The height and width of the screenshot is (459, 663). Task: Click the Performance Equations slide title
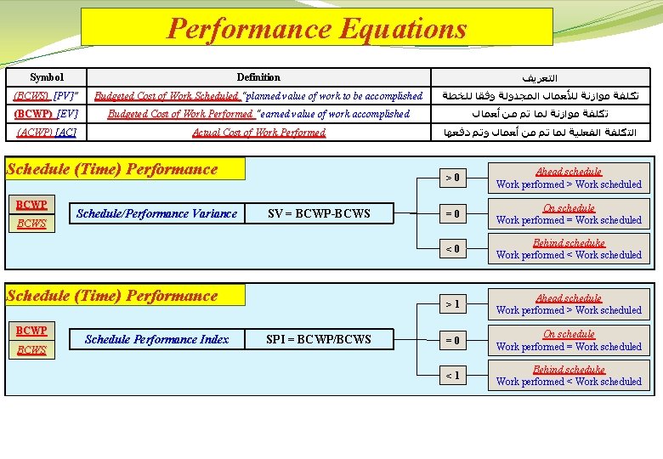317,28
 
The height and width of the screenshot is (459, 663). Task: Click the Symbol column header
46,77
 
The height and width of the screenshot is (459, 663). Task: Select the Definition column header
258,77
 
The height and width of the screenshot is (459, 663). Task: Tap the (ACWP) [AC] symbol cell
46,133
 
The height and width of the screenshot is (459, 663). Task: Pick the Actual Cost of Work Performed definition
258,133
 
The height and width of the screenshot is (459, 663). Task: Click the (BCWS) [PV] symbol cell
46,96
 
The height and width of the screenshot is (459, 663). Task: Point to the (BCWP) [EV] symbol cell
46,114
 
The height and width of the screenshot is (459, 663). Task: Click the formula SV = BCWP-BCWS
319,213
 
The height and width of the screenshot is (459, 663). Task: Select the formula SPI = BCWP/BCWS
319,339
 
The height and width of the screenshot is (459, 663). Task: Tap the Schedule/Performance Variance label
156,213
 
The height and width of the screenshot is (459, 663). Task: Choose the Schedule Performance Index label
156,339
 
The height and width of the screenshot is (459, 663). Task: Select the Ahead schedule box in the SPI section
569,304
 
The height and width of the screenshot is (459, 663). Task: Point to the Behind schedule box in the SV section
569,249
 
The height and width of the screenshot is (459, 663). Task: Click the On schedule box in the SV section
569,213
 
